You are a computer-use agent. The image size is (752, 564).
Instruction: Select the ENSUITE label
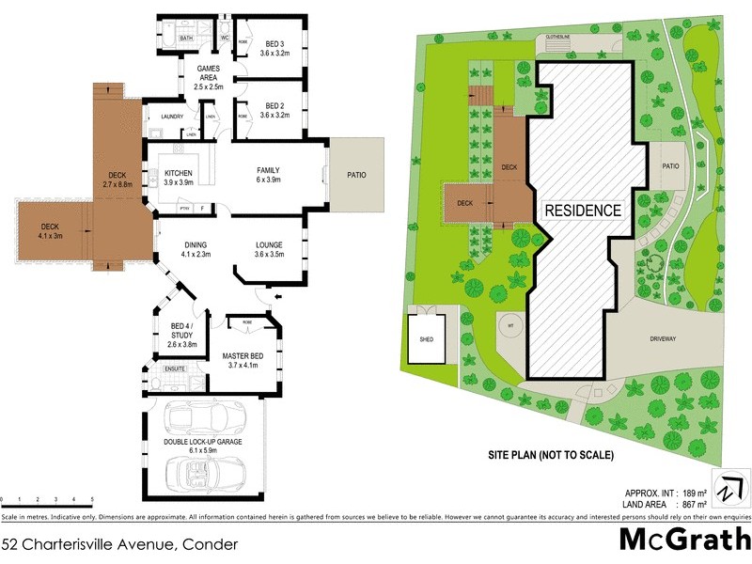pyautogui.click(x=175, y=368)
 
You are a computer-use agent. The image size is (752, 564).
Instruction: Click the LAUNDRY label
pyautogui.click(x=171, y=117)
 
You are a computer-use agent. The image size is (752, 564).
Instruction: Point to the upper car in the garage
pyautogui.click(x=203, y=416)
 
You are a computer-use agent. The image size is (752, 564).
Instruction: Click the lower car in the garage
pyautogui.click(x=203, y=469)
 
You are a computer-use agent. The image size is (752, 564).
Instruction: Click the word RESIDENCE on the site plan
pyautogui.click(x=584, y=211)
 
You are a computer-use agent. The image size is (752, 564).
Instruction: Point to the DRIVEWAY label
pyautogui.click(x=663, y=338)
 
